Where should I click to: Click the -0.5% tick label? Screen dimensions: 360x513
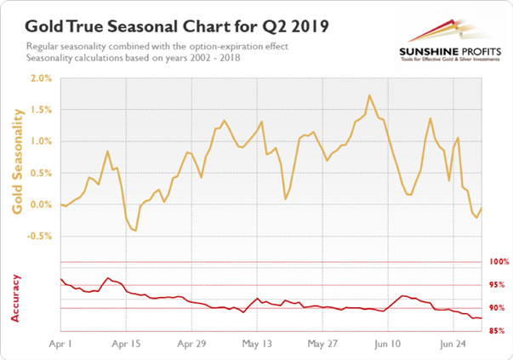pos(38,236)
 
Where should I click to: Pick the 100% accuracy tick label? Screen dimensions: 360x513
pos(498,262)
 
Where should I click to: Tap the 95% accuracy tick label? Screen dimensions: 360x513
pos(499,285)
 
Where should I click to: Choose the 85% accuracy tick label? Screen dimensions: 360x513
pos(499,331)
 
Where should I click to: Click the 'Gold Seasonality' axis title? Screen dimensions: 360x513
pos(16,157)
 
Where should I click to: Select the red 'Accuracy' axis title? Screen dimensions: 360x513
pos(16,297)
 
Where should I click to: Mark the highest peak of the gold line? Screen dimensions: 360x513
pos(368,95)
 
